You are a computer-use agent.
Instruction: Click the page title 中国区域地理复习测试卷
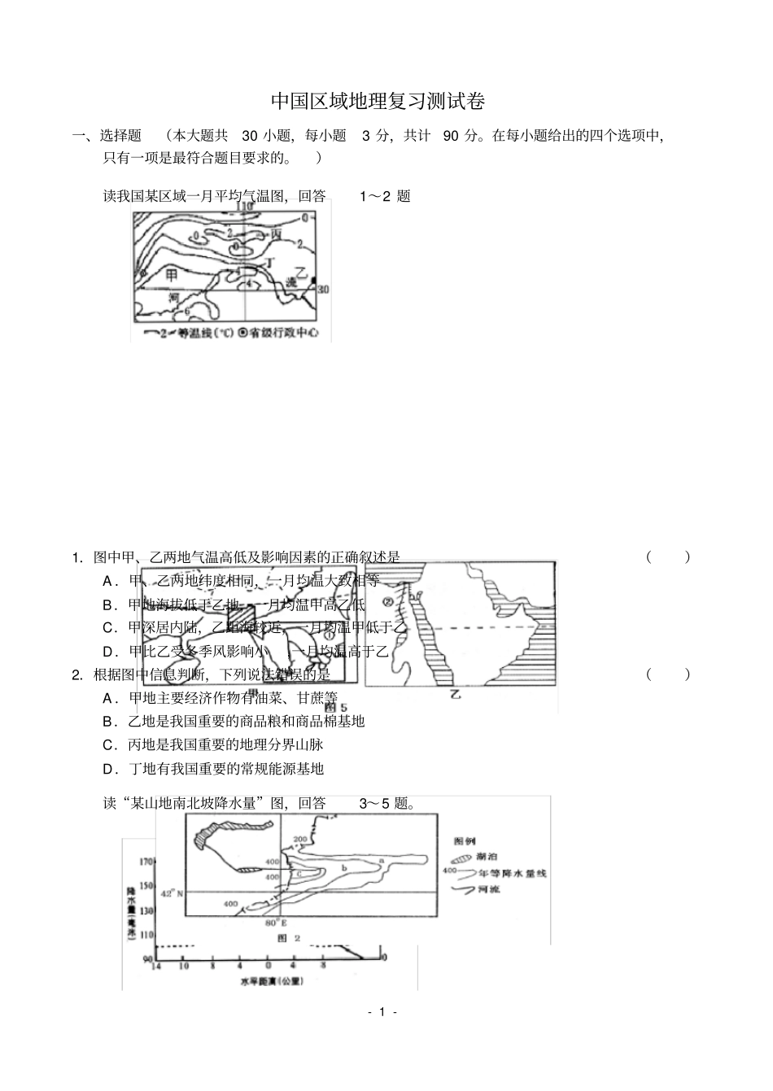[378, 102]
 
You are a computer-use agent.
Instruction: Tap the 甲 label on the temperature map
[172, 276]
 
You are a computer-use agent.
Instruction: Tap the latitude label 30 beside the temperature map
[323, 289]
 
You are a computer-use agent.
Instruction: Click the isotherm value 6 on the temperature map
[186, 312]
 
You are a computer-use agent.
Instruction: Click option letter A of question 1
[108, 581]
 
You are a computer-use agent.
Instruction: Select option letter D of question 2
[108, 769]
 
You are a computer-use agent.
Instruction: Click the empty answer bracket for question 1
[668, 557]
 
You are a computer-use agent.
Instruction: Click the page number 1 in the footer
[382, 1013]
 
